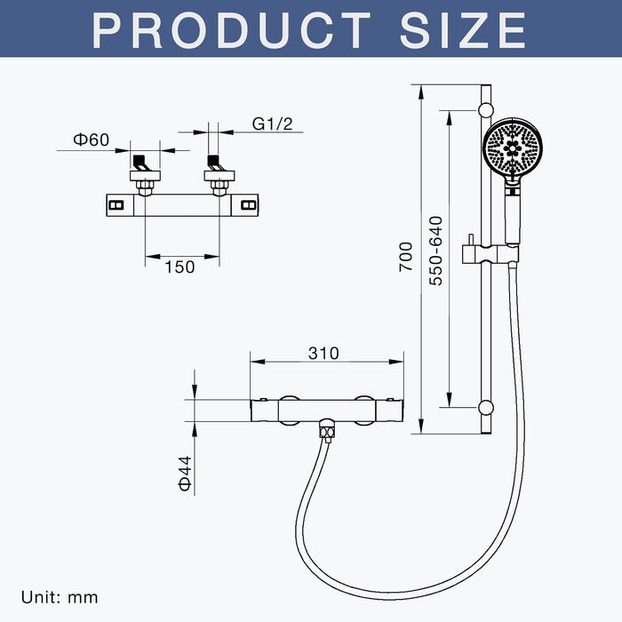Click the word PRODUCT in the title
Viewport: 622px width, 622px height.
(x=231, y=30)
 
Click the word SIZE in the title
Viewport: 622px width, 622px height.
(x=463, y=30)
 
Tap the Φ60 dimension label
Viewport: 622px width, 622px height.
(x=91, y=140)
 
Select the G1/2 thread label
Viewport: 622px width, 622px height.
(x=272, y=124)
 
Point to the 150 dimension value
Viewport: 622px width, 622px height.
(x=179, y=267)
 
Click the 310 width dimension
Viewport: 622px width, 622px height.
(x=323, y=353)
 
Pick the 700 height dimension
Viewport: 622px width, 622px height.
(x=406, y=257)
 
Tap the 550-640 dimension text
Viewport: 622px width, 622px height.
(x=436, y=251)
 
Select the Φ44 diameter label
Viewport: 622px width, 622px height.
(x=185, y=474)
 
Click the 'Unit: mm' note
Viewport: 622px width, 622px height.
(x=60, y=597)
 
